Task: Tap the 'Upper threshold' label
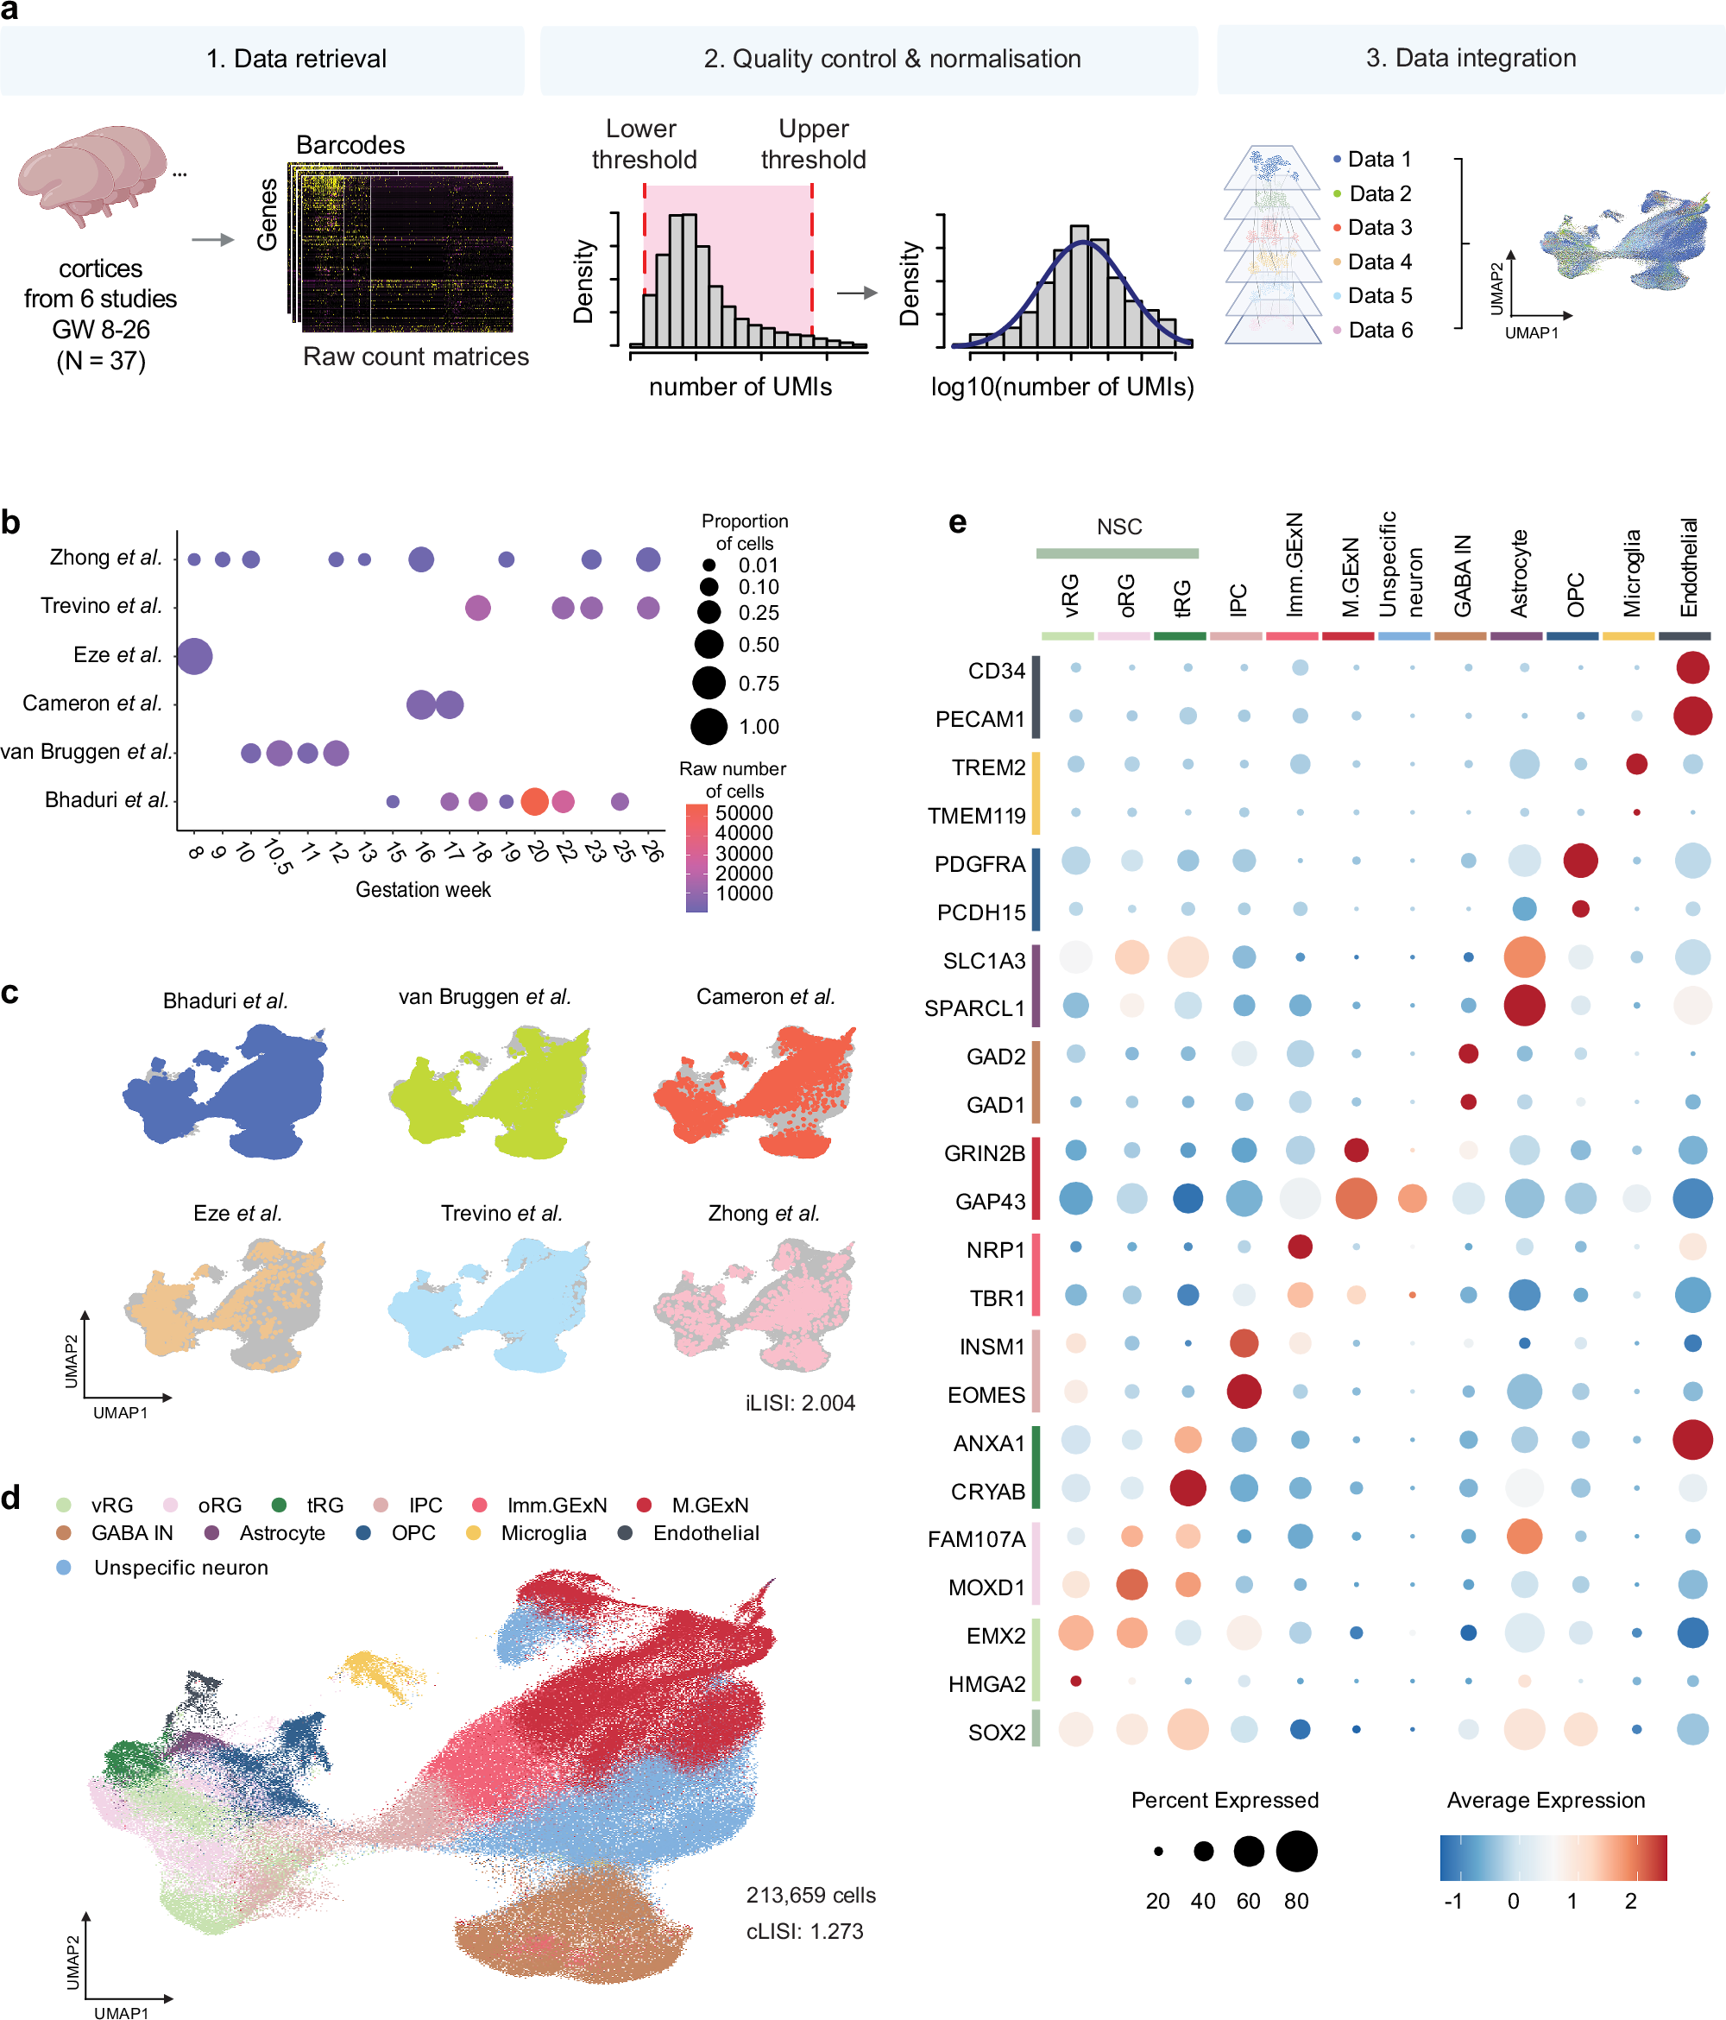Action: click(813, 144)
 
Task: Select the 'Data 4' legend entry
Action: click(1378, 262)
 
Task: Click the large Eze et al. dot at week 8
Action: click(194, 655)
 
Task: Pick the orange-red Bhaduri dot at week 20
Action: click(534, 801)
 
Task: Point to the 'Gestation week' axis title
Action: click(422, 889)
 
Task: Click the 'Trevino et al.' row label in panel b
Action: click(101, 606)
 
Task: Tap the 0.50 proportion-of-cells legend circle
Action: click(709, 644)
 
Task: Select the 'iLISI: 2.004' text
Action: click(799, 1403)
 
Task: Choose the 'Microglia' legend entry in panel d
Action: click(542, 1533)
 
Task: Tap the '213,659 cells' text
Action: click(809, 1895)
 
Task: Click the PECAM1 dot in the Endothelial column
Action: click(1691, 716)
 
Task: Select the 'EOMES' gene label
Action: click(986, 1395)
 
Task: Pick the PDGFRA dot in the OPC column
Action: click(1580, 861)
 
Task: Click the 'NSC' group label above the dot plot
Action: click(1118, 527)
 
